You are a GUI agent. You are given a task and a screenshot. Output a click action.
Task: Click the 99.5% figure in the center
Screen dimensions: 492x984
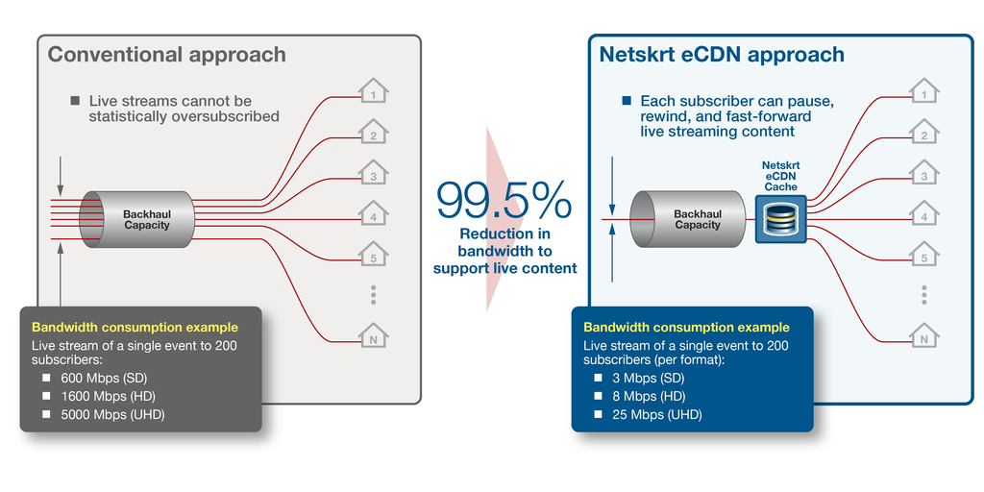[x=504, y=201]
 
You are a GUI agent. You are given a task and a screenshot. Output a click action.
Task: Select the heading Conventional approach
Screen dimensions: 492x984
[x=166, y=55]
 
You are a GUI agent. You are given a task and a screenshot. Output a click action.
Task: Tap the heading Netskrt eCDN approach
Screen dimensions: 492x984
[x=721, y=55]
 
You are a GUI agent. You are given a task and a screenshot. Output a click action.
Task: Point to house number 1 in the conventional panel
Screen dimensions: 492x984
[x=373, y=93]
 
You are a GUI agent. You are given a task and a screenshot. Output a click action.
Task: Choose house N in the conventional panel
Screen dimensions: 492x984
[x=373, y=337]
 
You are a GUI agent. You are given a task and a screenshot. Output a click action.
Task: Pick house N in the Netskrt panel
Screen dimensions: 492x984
[x=923, y=337]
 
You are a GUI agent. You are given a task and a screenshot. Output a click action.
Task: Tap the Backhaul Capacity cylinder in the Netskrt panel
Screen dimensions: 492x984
[x=688, y=218]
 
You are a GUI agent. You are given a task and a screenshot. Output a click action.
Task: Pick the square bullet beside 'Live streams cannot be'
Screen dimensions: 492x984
[x=75, y=100]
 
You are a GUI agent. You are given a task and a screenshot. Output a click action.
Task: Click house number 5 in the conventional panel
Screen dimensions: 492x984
[x=373, y=257]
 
